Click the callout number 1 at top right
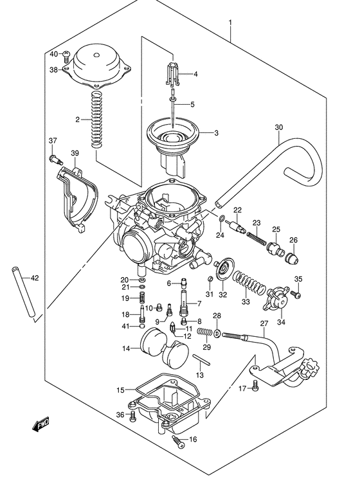[230, 24]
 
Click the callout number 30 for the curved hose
[278, 127]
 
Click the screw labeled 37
[55, 157]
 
